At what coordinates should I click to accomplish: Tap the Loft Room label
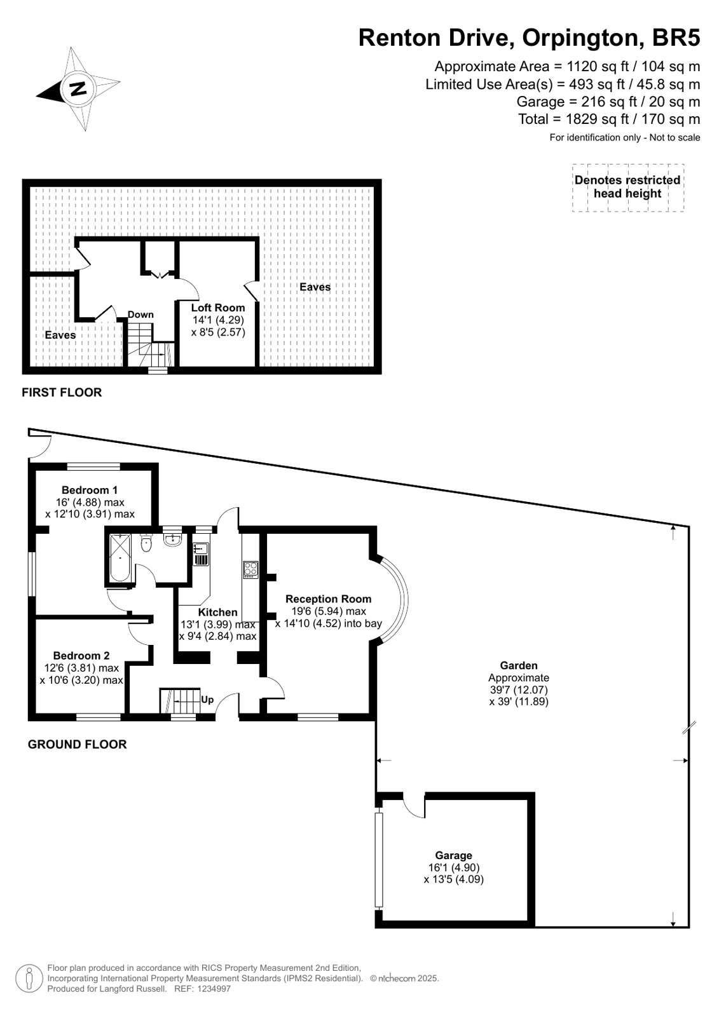[218, 308]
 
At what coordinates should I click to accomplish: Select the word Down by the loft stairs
[140, 315]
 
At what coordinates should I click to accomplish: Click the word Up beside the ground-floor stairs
[207, 699]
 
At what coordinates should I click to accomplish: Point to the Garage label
[453, 855]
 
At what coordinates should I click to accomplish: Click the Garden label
[519, 665]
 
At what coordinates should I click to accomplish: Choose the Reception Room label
[328, 599]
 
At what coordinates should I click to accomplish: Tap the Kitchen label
[218, 613]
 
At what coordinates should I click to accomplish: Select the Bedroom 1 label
[90, 490]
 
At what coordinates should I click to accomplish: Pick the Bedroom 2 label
[81, 655]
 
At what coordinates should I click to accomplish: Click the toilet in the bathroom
[146, 543]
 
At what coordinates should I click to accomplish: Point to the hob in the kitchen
[250, 570]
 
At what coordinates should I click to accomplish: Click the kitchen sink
[201, 554]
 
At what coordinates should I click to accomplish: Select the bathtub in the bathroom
[120, 558]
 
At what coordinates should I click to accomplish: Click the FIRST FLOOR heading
[62, 392]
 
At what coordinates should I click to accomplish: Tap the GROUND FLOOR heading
[77, 744]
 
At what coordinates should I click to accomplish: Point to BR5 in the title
[676, 37]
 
